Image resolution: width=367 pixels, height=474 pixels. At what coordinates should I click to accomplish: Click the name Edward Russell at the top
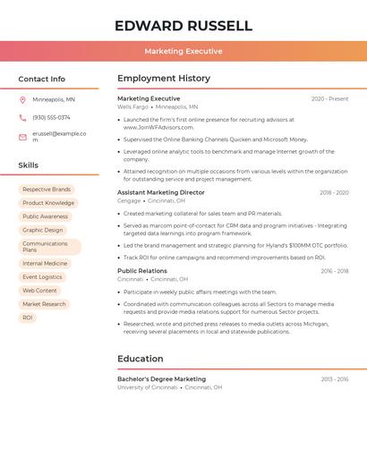[x=183, y=26]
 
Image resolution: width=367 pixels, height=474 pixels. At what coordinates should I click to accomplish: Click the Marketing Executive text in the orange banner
[x=183, y=51]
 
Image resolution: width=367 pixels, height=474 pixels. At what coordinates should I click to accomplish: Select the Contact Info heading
[x=41, y=79]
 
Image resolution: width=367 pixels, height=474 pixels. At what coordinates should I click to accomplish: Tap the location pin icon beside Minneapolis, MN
[x=22, y=99]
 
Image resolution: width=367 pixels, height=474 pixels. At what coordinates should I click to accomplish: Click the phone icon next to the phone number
[x=22, y=117]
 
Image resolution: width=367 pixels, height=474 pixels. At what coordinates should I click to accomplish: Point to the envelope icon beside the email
[x=22, y=137]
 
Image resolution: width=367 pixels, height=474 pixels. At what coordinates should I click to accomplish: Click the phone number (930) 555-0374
[x=51, y=117]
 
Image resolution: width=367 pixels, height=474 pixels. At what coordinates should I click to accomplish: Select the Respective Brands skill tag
[x=47, y=190]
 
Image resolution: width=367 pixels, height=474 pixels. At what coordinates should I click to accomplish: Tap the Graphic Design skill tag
[x=43, y=230]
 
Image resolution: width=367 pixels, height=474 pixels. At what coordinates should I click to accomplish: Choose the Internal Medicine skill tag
[x=45, y=264]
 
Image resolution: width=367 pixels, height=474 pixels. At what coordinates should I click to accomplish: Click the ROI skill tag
[x=28, y=317]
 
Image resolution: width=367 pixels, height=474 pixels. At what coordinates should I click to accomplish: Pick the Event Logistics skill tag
[x=42, y=277]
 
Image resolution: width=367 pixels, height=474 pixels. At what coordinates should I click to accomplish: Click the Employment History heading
[x=164, y=79]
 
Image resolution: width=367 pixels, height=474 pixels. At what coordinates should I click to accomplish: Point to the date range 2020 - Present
[x=329, y=98]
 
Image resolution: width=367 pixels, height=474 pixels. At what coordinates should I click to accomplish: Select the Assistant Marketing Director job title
[x=161, y=192]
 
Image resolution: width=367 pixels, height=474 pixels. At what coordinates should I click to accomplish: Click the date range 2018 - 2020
[x=334, y=192]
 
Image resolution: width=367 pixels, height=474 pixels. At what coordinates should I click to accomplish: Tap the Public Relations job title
[x=142, y=271]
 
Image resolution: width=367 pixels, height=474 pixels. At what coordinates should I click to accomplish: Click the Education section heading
[x=141, y=359]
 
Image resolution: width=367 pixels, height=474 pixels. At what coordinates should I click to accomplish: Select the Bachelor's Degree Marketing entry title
[x=161, y=379]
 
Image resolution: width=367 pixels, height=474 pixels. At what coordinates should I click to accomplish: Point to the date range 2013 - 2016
[x=335, y=379]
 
